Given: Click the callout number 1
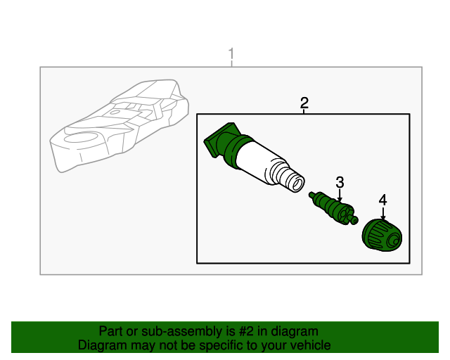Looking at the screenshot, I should [x=231, y=54].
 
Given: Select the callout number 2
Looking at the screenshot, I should [x=304, y=103].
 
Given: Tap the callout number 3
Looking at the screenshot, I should [x=340, y=183].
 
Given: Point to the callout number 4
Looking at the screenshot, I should [x=382, y=200].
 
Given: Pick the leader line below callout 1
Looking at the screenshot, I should [x=231, y=64].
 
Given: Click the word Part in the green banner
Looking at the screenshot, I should [x=110, y=331].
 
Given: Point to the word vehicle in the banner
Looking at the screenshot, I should [x=310, y=345].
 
